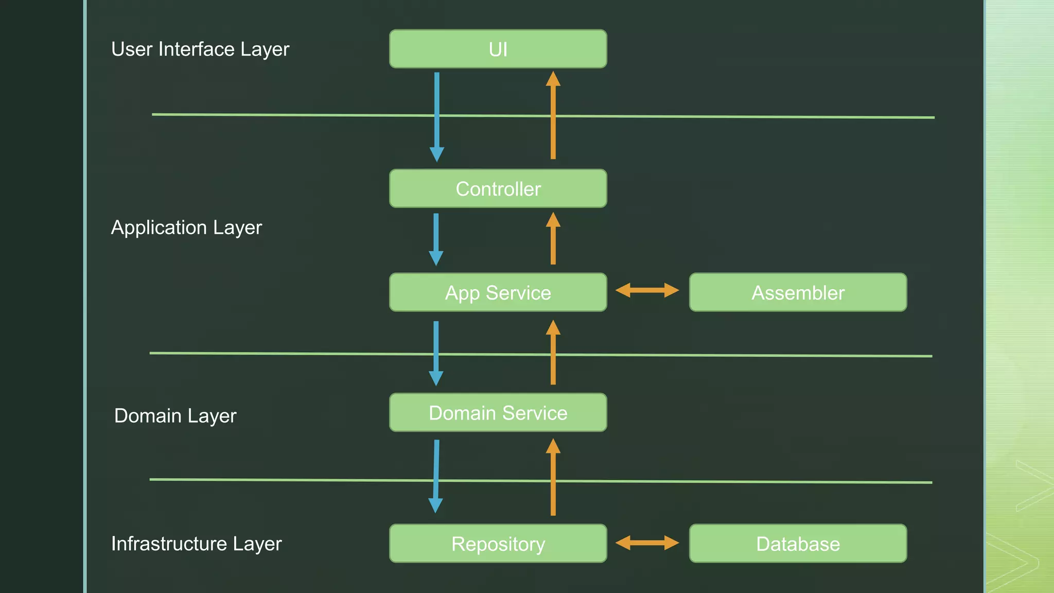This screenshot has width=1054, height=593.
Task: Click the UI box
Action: point(498,49)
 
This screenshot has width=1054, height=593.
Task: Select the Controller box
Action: point(498,188)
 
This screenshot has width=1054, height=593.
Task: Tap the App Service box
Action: point(498,292)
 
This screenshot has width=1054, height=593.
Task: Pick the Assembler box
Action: point(798,292)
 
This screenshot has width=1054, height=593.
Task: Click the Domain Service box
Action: point(498,412)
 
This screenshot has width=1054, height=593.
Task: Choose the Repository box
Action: point(498,544)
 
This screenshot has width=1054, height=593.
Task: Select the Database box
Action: point(798,544)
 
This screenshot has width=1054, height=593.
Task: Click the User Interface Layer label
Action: point(200,49)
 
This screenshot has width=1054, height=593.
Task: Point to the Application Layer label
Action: point(186,228)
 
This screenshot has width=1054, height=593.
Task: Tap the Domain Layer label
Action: point(175,415)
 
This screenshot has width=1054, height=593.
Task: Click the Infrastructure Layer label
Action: point(196,544)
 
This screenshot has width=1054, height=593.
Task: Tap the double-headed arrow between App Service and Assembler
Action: point(647,290)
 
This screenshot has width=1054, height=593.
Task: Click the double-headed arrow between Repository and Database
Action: point(647,543)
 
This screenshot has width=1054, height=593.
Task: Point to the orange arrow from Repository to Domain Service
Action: point(553,476)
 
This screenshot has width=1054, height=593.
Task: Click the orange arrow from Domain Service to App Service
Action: point(553,353)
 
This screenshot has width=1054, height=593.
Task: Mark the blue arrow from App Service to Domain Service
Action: point(436,353)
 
